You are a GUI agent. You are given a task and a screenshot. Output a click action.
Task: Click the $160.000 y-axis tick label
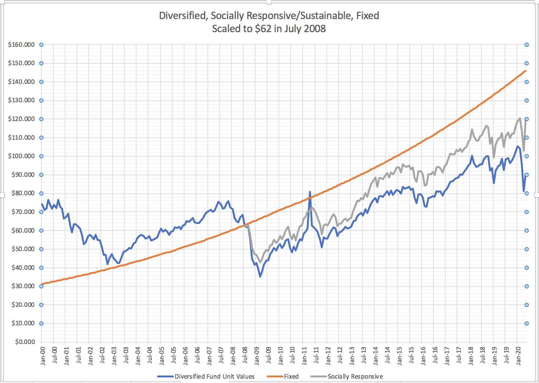click(21, 45)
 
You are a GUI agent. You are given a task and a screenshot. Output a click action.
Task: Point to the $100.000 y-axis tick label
click(21, 156)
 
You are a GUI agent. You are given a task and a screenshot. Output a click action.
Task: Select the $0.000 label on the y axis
click(25, 342)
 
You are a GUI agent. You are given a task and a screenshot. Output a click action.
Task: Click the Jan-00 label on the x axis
click(43, 356)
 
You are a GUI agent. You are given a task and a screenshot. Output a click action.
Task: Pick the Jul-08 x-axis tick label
click(245, 356)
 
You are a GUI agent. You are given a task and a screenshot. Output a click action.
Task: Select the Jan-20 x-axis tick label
click(518, 356)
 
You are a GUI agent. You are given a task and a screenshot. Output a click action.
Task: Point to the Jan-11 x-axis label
click(304, 356)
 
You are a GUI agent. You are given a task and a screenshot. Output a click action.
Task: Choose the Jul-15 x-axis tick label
click(411, 356)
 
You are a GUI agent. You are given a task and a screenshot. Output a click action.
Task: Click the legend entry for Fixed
click(291, 376)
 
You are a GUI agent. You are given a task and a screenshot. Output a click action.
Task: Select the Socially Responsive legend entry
click(355, 376)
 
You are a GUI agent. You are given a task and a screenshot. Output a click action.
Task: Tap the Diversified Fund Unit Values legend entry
click(214, 376)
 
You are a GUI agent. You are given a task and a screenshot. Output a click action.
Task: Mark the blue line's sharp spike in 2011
click(310, 192)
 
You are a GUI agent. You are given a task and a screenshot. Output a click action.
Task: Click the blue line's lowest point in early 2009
click(260, 276)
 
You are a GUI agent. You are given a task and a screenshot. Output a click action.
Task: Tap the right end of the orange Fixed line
click(526, 71)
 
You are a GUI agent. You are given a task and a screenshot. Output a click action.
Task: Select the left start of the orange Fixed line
click(42, 284)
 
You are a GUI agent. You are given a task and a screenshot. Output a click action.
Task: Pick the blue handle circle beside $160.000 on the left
click(41, 45)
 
